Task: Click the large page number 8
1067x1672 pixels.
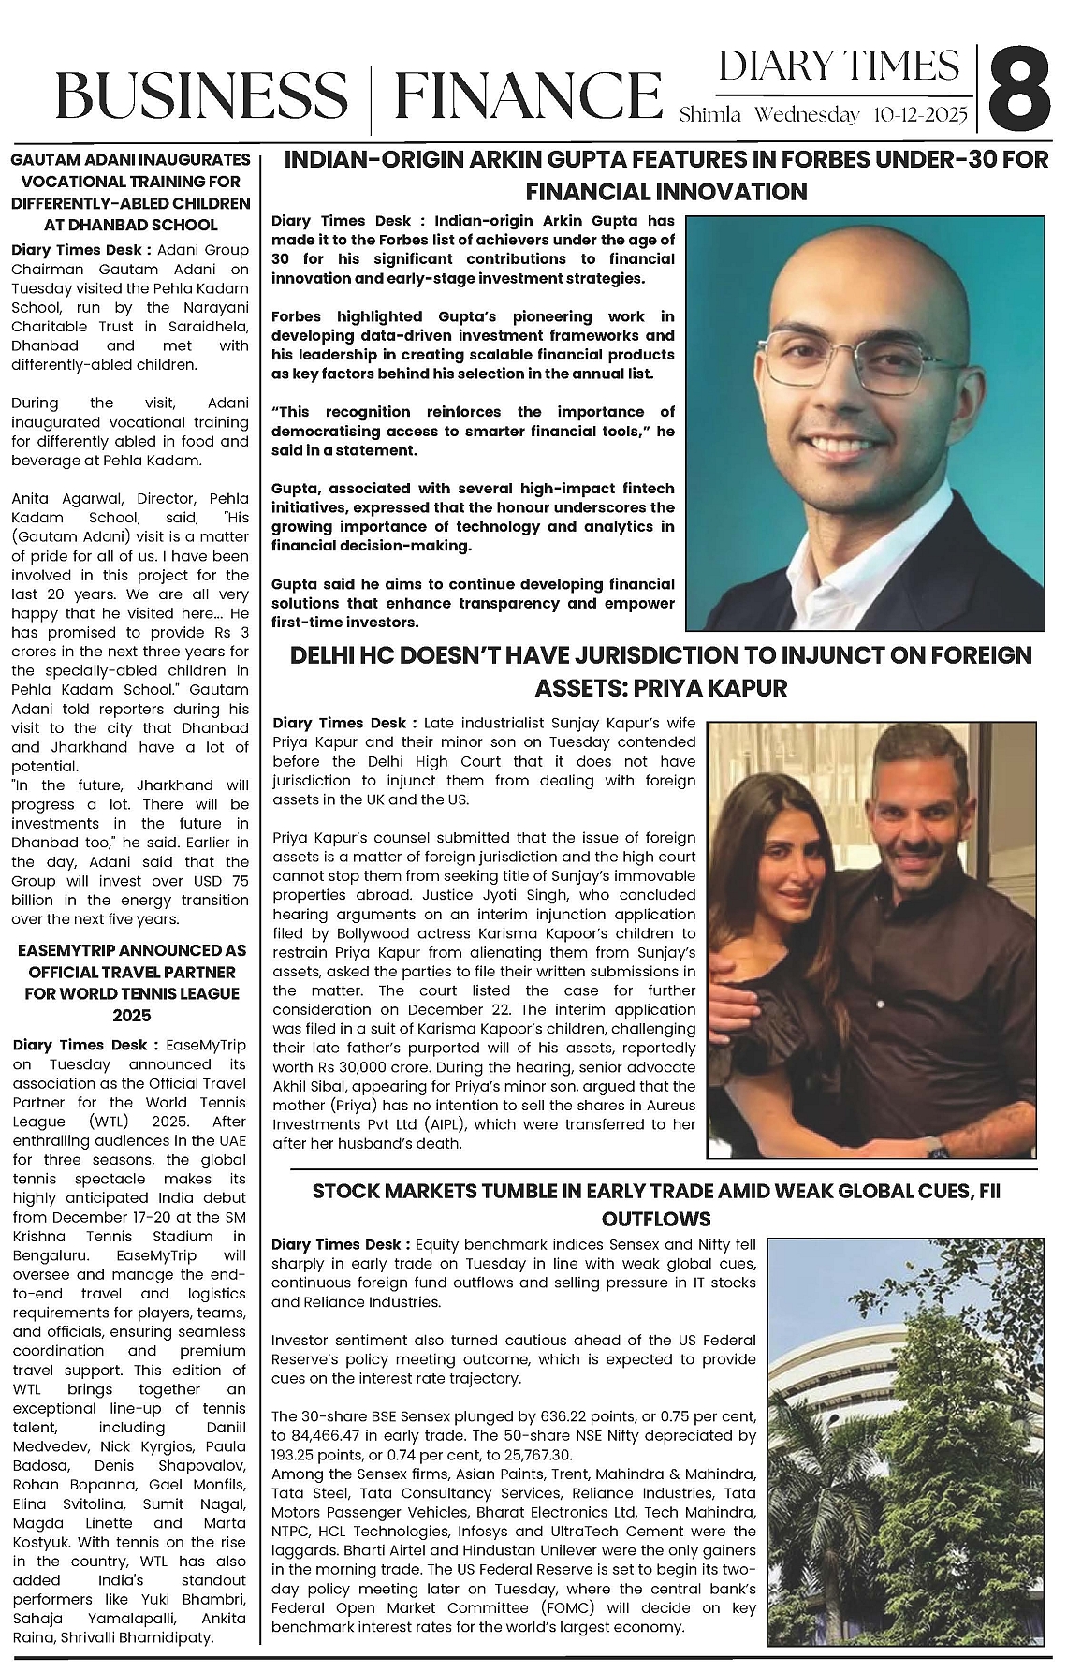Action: pyautogui.click(x=1022, y=90)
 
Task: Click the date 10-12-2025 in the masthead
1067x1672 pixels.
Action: pyautogui.click(x=921, y=115)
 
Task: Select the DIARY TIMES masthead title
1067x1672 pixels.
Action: pyautogui.click(x=839, y=66)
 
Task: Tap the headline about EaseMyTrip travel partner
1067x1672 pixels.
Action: pyautogui.click(x=130, y=982)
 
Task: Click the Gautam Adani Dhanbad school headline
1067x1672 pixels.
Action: pyautogui.click(x=130, y=192)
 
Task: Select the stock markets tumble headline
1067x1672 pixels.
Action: pyautogui.click(x=656, y=1204)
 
